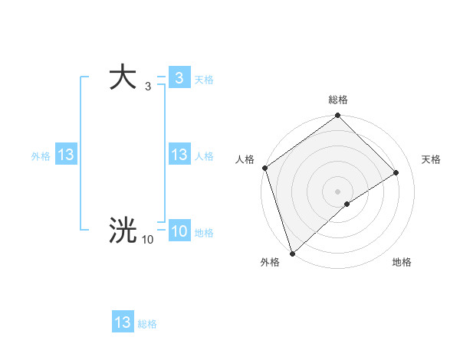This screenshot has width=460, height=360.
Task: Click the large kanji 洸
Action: pos(123,231)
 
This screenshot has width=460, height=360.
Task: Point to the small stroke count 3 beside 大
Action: pos(148,87)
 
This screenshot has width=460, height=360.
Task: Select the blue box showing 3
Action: pos(179,77)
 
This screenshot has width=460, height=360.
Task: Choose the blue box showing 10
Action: pos(179,231)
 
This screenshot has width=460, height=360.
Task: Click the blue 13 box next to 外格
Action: pos(65,155)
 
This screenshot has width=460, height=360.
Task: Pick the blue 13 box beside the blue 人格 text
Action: pos(179,155)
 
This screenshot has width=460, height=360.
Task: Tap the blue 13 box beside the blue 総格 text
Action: pos(123,322)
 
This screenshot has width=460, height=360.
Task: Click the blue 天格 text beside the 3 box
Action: pos(204,80)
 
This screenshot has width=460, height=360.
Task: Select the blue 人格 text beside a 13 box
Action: pos(204,156)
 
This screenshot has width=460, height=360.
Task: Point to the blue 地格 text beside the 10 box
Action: pos(204,233)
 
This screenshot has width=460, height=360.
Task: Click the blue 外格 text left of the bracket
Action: pos(41,156)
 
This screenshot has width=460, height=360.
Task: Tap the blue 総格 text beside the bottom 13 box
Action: pos(147,324)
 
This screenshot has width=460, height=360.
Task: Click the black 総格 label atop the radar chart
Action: pos(337,100)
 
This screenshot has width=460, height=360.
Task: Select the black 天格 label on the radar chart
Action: pos(431,159)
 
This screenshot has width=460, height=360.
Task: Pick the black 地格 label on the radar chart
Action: pos(402,262)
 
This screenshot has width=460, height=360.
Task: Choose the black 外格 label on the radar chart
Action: pos(270,262)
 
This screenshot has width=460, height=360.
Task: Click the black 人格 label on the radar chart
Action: pos(245,159)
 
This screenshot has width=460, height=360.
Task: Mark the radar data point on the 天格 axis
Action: pos(396,172)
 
